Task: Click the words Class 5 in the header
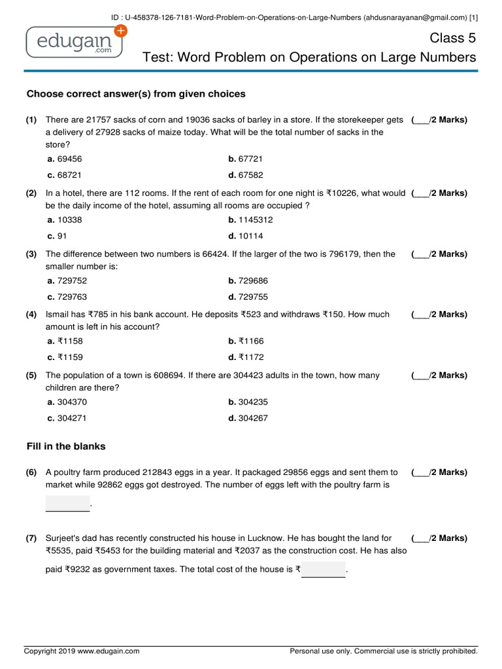coord(453,38)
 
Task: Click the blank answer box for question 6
coord(67,504)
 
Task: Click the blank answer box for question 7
coord(323,570)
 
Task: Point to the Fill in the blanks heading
coord(66,446)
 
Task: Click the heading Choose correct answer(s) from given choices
coord(136,94)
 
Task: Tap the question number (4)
coord(31,314)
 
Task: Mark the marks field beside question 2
coord(439,193)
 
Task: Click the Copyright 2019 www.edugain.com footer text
coord(82,651)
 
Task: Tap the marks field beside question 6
coord(439,472)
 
